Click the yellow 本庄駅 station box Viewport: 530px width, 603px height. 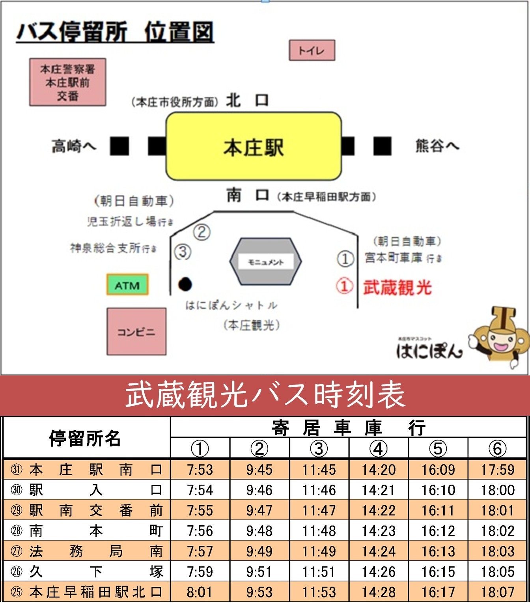[x=254, y=147]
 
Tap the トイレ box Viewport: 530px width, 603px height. [x=312, y=50]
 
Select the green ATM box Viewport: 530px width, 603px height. [x=127, y=285]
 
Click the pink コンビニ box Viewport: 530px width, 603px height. [x=136, y=332]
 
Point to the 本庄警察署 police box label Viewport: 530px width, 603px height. [x=67, y=82]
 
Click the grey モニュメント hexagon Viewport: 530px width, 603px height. [x=265, y=261]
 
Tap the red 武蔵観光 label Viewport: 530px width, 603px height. [x=397, y=287]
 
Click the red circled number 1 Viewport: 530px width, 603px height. [x=344, y=286]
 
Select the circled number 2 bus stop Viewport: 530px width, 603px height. [x=202, y=232]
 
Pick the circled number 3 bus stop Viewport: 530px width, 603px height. [x=183, y=252]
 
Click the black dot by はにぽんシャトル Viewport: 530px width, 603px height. [x=185, y=284]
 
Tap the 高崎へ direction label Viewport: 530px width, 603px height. [x=74, y=146]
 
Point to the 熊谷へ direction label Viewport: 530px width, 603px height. [x=437, y=146]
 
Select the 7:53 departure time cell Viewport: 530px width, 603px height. [x=200, y=470]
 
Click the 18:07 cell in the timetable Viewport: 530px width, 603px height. [x=497, y=592]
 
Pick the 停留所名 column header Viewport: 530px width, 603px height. [x=85, y=438]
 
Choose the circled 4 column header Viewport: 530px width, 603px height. [x=378, y=448]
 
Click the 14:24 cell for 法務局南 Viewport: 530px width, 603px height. [x=378, y=551]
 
